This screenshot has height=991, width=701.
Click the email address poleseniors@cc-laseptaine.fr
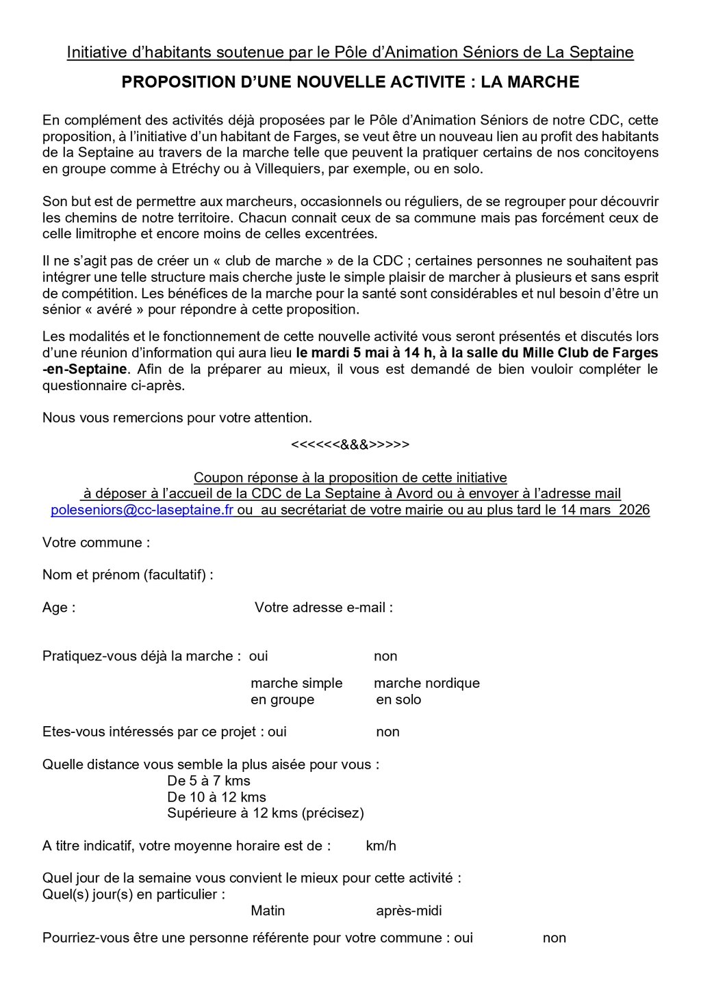coord(142,511)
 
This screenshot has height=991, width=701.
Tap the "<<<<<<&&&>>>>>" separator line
coord(350,445)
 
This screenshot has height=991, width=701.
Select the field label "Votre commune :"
coord(97,543)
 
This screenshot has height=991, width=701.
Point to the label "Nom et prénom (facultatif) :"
coord(128,575)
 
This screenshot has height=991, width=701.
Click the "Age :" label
coord(59,608)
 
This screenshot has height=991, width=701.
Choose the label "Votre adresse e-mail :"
coord(324,608)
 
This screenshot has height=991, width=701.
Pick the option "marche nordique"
coord(426,683)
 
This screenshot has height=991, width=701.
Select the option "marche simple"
coord(296,683)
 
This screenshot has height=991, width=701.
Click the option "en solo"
coord(398,699)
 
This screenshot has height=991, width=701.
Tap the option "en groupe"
coord(282,699)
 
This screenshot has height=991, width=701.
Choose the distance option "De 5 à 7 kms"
coord(209,781)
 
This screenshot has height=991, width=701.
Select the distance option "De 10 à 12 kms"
coord(216,797)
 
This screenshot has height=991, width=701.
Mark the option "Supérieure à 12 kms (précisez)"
coord(266,813)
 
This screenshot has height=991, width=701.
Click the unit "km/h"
coord(381,846)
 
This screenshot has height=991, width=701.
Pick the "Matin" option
coord(268,911)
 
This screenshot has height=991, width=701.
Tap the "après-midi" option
coord(409,911)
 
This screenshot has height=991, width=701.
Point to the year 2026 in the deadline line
coord(634,511)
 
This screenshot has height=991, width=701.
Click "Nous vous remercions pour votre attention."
coord(177,417)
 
